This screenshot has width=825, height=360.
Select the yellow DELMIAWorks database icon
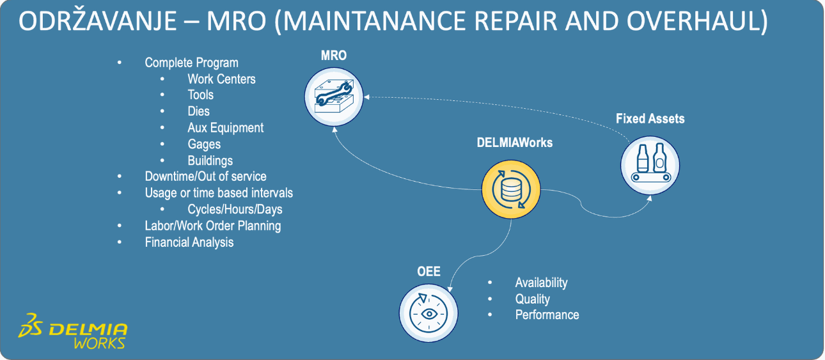click(x=510, y=190)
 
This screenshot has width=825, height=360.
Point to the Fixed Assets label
click(x=650, y=119)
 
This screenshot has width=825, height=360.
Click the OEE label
click(x=428, y=272)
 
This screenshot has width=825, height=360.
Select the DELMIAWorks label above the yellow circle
click(x=514, y=143)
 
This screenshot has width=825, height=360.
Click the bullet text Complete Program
click(x=191, y=63)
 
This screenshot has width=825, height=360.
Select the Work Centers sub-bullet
click(x=221, y=79)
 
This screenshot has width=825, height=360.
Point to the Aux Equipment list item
click(x=225, y=128)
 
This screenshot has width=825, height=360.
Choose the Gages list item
click(x=204, y=145)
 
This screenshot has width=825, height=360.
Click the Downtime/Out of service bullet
click(x=205, y=176)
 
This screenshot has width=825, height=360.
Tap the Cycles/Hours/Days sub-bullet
click(x=235, y=209)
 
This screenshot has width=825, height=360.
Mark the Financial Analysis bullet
click(x=189, y=242)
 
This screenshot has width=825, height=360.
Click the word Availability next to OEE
click(x=541, y=283)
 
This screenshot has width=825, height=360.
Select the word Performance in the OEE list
click(x=547, y=315)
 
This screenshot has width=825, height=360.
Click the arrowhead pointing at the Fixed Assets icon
click(x=648, y=197)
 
